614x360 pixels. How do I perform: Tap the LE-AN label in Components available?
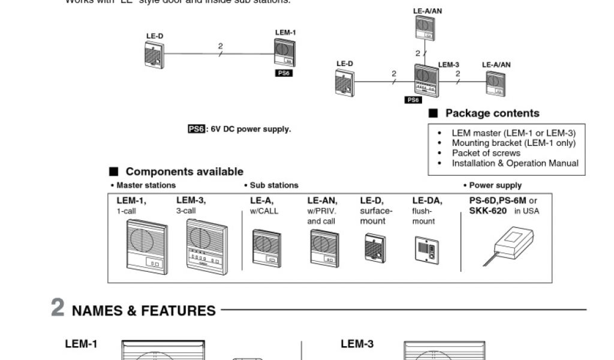(x=322, y=201)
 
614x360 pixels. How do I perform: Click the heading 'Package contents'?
(x=492, y=113)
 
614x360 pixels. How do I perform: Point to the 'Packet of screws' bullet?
(x=486, y=153)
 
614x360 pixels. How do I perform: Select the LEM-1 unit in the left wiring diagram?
(x=284, y=53)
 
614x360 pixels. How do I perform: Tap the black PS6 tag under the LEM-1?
(x=284, y=73)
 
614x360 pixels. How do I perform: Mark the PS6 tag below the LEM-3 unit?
(x=413, y=100)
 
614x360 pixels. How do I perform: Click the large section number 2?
(x=58, y=308)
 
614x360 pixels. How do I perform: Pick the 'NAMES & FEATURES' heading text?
(x=144, y=311)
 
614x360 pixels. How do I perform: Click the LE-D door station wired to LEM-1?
(x=154, y=55)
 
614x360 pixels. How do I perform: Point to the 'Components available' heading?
(x=184, y=172)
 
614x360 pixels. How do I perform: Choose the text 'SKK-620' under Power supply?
(x=487, y=211)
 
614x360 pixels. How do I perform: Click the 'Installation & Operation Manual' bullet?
(x=515, y=163)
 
